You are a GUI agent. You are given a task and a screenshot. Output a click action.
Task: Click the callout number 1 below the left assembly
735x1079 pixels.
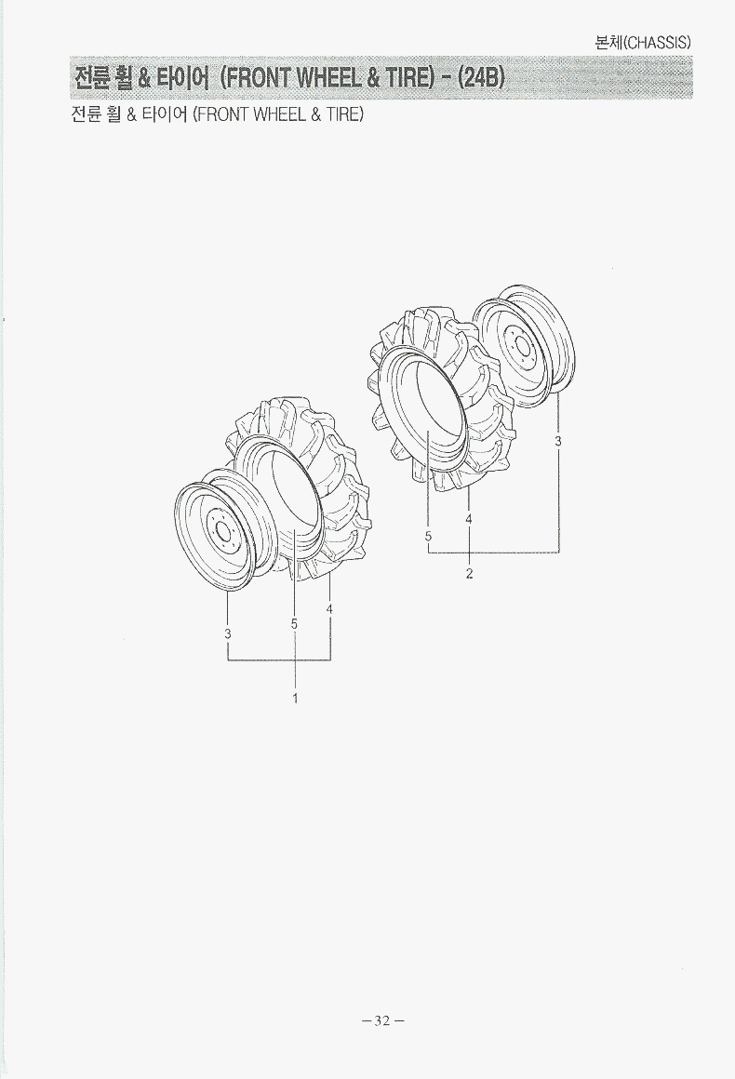(x=295, y=699)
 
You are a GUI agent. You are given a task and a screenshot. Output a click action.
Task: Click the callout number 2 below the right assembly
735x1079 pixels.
(x=469, y=574)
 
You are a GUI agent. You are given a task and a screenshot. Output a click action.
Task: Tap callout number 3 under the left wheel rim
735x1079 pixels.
(x=228, y=633)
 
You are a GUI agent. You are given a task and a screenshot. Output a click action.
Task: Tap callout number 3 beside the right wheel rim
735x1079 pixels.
(x=559, y=441)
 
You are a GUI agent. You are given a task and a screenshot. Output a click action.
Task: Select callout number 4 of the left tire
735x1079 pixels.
(x=330, y=609)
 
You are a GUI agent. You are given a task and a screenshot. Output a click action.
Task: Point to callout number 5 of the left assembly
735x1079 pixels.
(x=294, y=624)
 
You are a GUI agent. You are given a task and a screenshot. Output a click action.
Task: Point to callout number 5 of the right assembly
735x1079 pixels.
(x=428, y=535)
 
